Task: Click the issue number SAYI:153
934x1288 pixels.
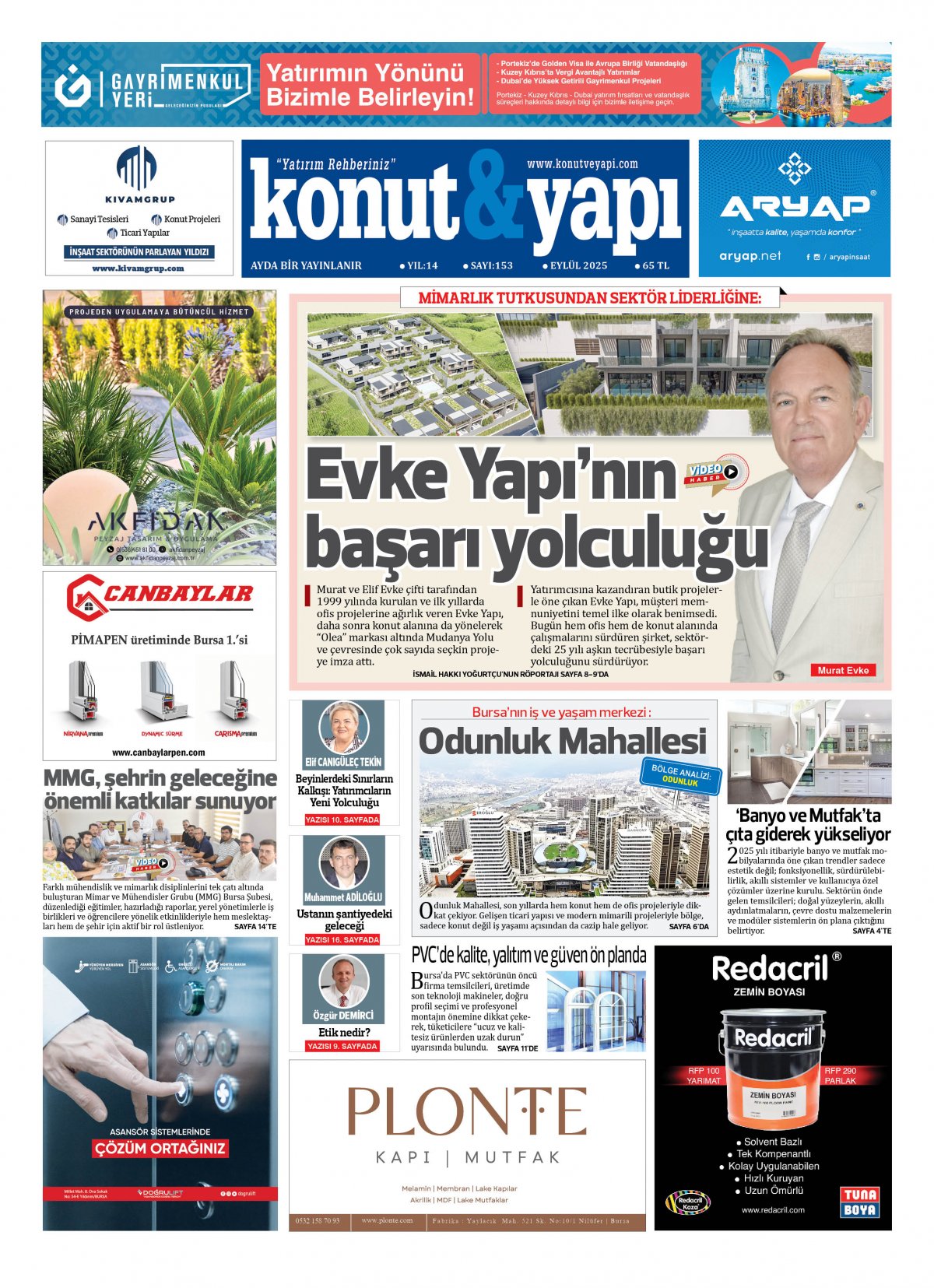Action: [x=489, y=265]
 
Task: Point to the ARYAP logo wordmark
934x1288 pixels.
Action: [x=794, y=206]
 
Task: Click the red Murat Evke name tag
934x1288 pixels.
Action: [x=843, y=670]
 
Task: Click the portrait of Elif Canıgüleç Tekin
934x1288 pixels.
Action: [x=343, y=728]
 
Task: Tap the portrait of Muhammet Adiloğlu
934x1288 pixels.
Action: [x=343, y=863]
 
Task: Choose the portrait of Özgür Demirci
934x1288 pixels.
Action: [x=343, y=981]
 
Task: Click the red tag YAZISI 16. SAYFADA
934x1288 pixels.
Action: [x=342, y=939]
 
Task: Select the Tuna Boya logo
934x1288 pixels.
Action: [x=859, y=1202]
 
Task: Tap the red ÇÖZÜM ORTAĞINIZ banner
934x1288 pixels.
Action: [x=160, y=1148]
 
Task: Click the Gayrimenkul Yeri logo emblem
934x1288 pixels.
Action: [x=72, y=86]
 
